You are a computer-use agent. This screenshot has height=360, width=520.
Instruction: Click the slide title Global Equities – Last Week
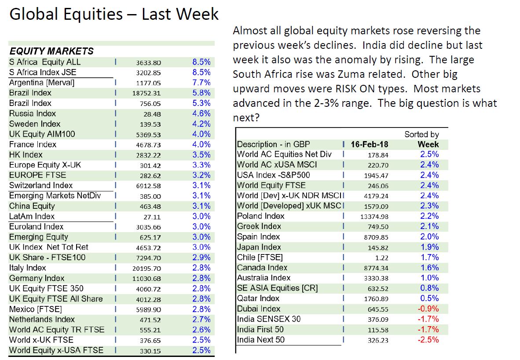[114, 14]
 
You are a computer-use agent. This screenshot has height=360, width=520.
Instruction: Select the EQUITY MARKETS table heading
[51, 51]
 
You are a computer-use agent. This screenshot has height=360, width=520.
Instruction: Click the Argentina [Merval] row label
[42, 83]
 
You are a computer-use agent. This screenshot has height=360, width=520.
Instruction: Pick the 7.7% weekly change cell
[201, 83]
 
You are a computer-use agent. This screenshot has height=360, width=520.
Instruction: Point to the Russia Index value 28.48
[154, 114]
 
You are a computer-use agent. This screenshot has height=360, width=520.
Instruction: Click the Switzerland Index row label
[41, 185]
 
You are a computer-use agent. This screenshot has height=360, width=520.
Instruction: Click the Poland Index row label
[261, 216]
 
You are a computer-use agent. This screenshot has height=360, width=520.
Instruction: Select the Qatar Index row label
[258, 298]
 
